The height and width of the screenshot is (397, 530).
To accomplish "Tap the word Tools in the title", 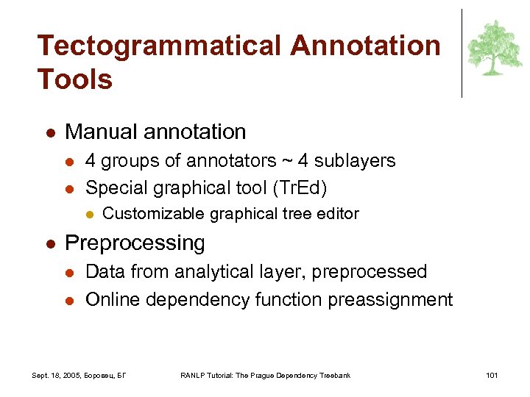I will [x=75, y=79].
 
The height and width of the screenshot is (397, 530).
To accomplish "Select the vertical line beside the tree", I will [x=462, y=53].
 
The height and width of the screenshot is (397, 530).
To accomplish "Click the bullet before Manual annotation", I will [x=49, y=133].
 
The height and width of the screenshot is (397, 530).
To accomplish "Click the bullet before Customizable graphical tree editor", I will [x=89, y=215].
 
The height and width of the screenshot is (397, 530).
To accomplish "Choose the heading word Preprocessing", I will [x=135, y=243].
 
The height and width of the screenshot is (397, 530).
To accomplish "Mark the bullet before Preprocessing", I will [x=49, y=243].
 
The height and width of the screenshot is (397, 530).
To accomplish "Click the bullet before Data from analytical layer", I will [x=68, y=272].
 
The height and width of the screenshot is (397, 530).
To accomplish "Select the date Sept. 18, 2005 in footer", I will [x=58, y=376].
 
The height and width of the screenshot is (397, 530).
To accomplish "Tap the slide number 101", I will [x=492, y=376].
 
